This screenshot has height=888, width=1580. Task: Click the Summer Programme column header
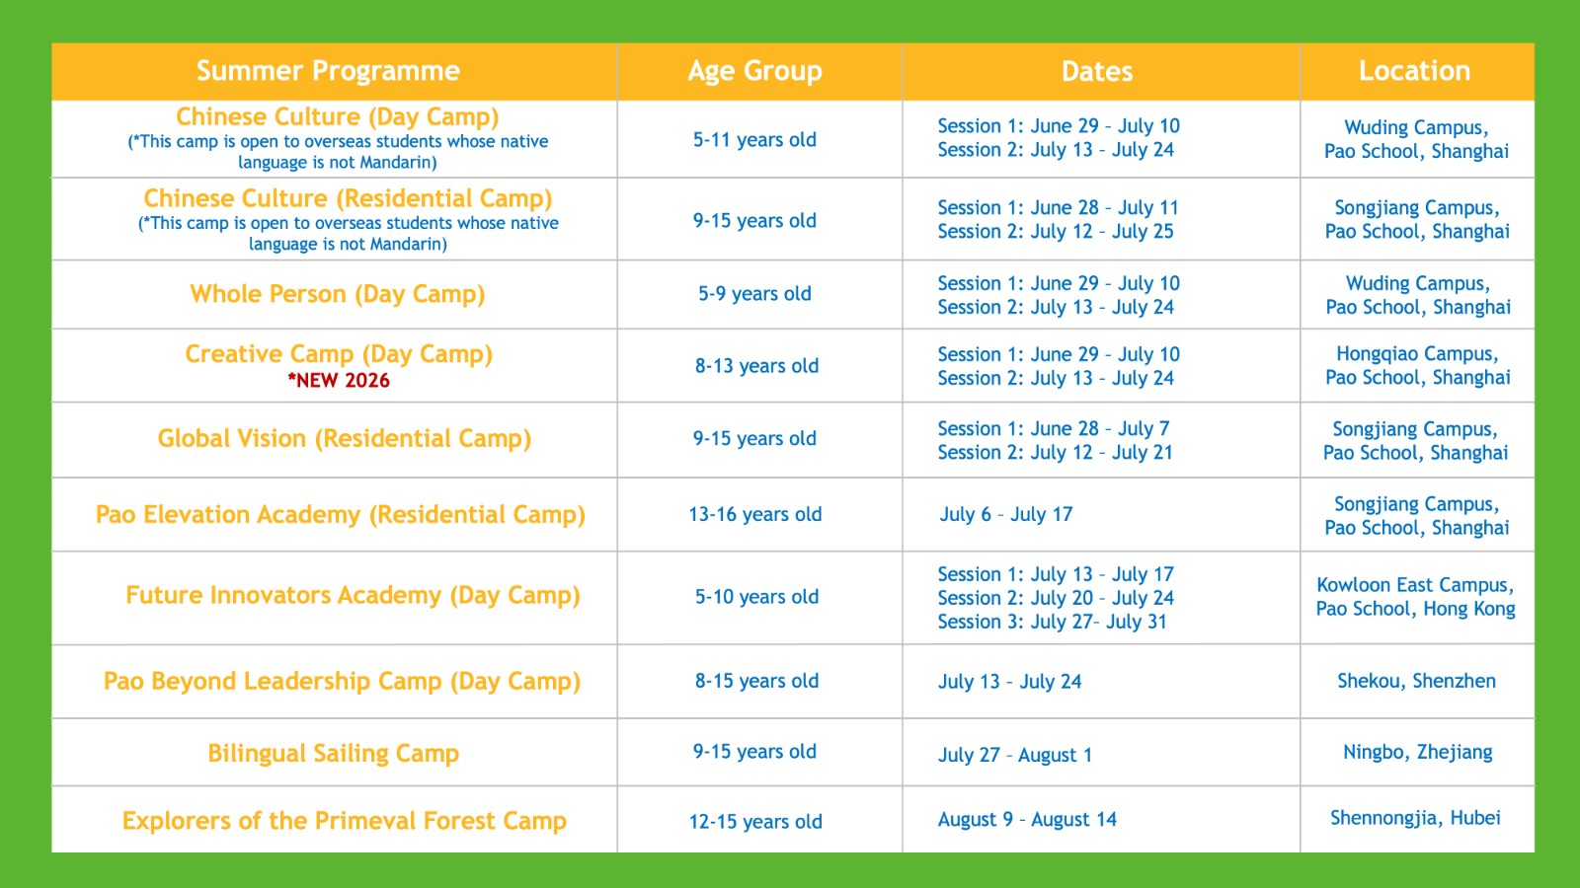point(328,71)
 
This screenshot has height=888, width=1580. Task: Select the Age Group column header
point(754,71)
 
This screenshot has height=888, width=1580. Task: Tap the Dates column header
point(1097,71)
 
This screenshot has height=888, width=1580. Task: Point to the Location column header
point(1414,71)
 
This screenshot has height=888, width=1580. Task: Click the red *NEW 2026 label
point(339,381)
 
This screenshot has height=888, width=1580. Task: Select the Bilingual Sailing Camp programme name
point(333,754)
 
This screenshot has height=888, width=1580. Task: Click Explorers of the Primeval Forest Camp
point(345,821)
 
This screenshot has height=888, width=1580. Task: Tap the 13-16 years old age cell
point(754,514)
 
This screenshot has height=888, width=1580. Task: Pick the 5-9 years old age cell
point(754,293)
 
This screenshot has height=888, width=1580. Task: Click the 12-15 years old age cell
point(755,822)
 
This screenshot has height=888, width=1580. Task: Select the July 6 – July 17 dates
point(1006,514)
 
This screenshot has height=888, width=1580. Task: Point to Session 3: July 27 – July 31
point(1052,622)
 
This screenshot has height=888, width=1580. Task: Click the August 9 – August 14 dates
point(1027,820)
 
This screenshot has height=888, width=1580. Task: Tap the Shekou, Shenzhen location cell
point(1416,681)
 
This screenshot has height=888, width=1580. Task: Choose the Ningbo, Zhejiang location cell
point(1417,752)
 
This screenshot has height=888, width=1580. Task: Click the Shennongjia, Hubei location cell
point(1416,818)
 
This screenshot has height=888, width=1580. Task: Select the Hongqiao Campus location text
point(1416,354)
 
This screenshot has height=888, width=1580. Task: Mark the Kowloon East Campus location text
point(1415,585)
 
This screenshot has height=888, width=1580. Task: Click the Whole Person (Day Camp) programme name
point(337,294)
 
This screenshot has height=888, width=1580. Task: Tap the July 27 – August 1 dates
point(1015,755)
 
